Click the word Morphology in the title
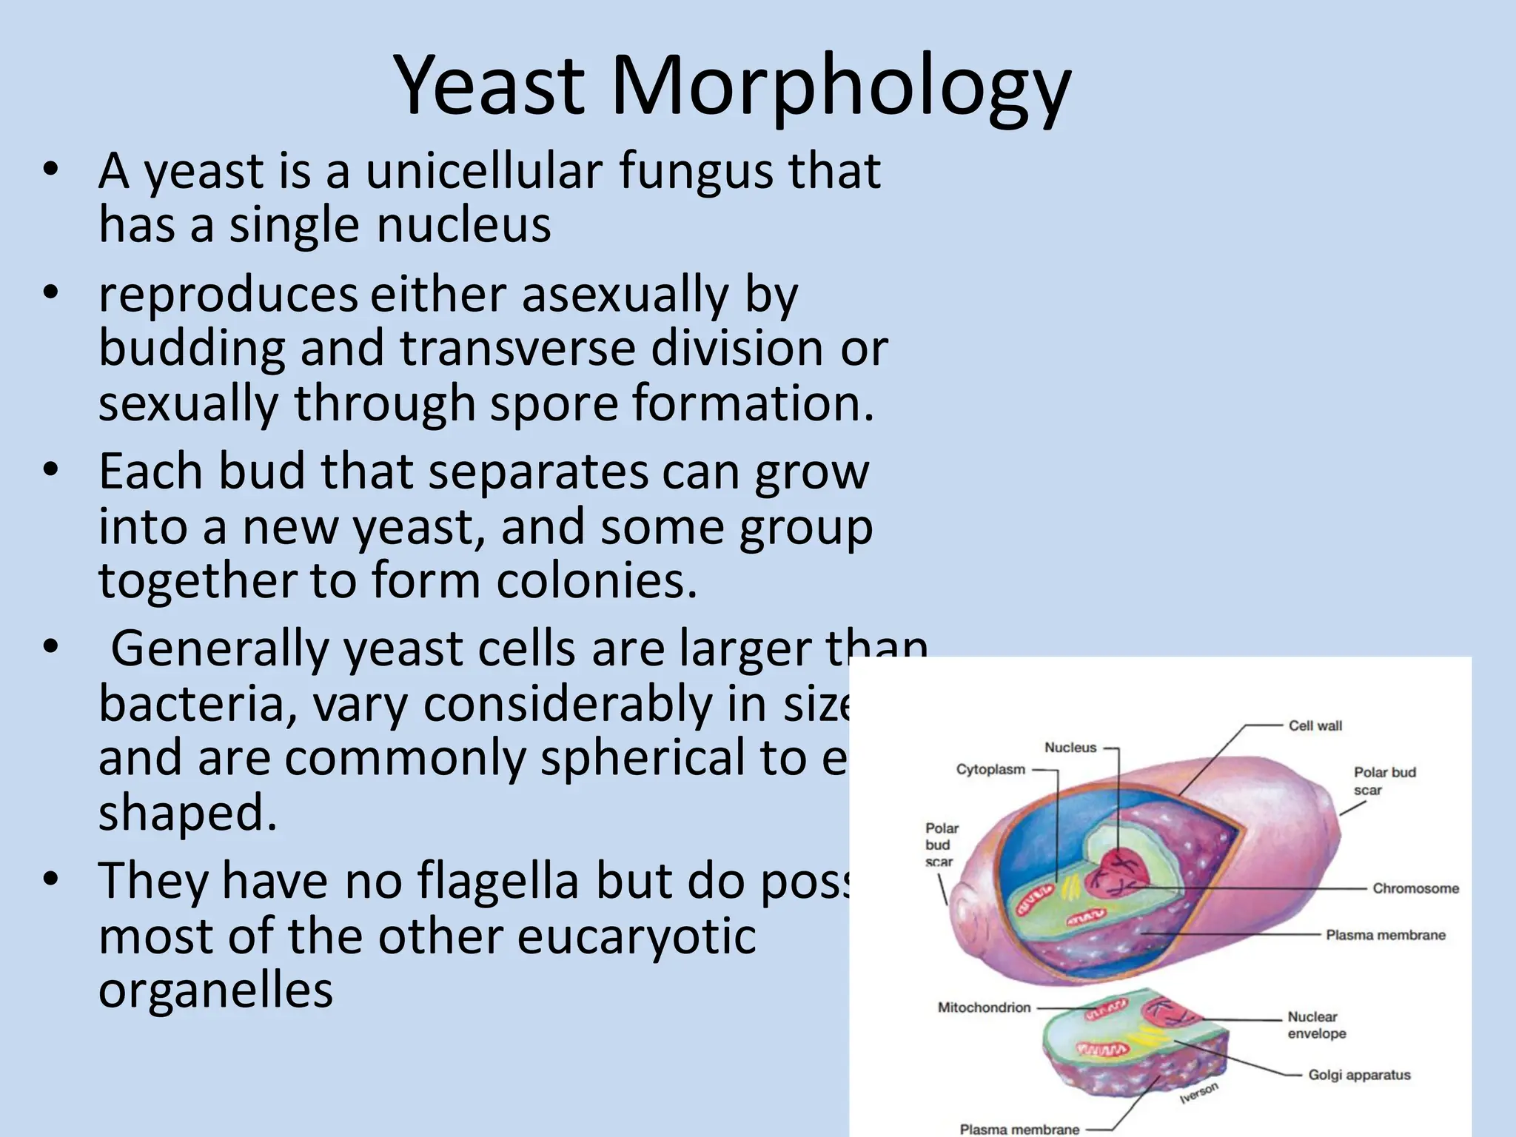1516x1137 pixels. point(840,87)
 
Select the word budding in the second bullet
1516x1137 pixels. point(192,349)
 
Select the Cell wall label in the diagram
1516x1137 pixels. point(1315,726)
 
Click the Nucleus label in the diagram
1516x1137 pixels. point(1070,748)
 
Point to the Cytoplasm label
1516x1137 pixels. point(990,770)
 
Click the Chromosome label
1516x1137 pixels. point(1415,888)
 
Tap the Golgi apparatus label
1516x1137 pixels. point(1359,1075)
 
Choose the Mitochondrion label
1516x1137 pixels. point(984,1007)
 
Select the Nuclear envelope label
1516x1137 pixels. point(1316,1025)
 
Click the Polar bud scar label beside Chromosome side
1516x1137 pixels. point(1383,781)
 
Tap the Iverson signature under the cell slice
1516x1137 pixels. point(1198,1093)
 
